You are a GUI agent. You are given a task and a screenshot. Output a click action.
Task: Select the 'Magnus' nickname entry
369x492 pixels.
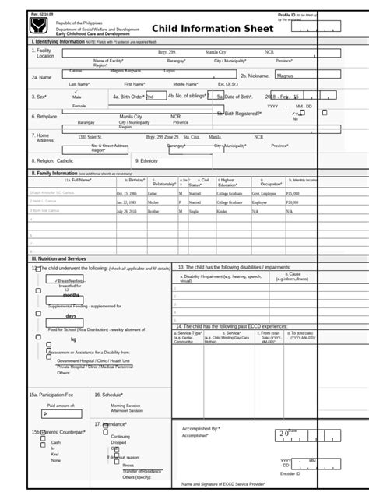pos(286,76)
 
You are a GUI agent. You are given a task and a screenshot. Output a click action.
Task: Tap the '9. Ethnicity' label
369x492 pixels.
pos(148,160)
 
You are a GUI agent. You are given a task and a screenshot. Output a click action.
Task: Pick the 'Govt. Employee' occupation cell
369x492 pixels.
pos(265,193)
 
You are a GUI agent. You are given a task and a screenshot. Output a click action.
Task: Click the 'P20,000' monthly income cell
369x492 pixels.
pos(293,202)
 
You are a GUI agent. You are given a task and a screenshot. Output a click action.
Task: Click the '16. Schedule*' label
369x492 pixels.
pos(110,395)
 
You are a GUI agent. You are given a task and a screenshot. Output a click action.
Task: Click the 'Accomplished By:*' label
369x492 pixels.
pos(201,428)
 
